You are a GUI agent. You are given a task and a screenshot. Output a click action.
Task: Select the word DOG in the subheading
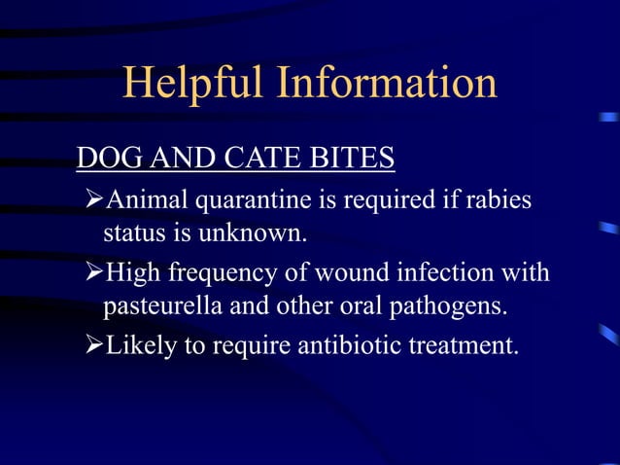click(x=102, y=158)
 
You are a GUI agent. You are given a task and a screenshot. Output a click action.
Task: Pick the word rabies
click(x=502, y=199)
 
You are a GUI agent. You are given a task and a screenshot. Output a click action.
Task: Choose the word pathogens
click(x=454, y=307)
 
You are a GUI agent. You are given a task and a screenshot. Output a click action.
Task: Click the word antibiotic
click(x=347, y=347)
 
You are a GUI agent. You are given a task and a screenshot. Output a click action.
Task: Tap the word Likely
click(x=135, y=347)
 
